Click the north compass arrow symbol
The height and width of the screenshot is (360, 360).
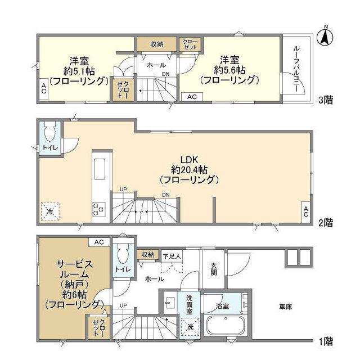(x=326, y=37)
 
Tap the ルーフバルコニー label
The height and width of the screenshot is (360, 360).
(x=296, y=69)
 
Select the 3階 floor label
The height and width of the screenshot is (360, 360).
(x=326, y=100)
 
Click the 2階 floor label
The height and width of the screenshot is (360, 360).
(x=326, y=223)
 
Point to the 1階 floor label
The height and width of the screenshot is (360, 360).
(x=326, y=341)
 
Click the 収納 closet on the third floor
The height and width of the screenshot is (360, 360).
(x=157, y=44)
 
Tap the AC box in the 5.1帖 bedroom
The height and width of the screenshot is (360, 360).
(x=44, y=89)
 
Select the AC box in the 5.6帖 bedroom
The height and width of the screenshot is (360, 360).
(x=192, y=97)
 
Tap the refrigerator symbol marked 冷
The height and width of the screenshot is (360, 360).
(x=50, y=211)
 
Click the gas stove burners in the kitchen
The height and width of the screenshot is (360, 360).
(x=99, y=209)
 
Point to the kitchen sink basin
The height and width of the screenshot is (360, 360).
(x=100, y=169)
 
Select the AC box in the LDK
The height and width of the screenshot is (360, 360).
(x=305, y=211)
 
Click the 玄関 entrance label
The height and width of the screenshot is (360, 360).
(x=214, y=269)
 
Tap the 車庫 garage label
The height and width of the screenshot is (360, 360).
(x=286, y=307)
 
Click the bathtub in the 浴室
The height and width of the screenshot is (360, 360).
(x=226, y=326)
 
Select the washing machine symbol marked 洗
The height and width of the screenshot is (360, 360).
(x=190, y=327)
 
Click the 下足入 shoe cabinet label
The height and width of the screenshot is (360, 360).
(x=172, y=256)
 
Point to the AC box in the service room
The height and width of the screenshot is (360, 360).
(x=99, y=242)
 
